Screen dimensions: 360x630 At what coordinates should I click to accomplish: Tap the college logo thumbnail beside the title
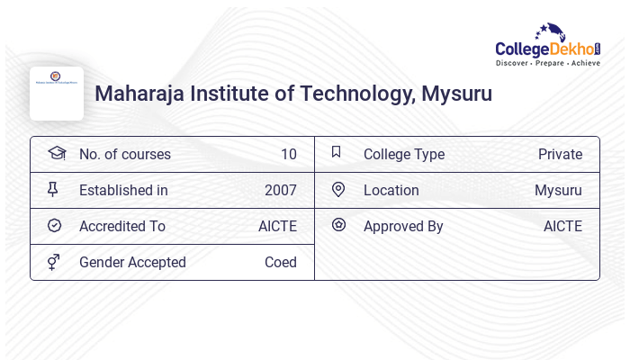coord(57,94)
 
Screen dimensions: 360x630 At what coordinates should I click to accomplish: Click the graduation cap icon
coord(57,153)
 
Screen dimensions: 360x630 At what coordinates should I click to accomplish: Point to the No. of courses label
coord(124,154)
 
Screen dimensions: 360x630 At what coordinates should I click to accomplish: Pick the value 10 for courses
coord(288,154)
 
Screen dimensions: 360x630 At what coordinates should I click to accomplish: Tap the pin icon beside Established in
coord(53,190)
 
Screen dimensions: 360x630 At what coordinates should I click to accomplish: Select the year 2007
coord(280,190)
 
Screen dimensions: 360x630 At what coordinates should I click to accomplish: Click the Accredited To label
coord(121,226)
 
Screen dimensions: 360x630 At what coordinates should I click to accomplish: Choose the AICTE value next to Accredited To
coord(277,226)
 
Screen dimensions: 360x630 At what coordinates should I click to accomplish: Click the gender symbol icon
coord(54,262)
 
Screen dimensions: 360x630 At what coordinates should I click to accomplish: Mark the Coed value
coord(280,262)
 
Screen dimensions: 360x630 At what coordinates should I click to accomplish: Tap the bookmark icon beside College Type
coord(337,152)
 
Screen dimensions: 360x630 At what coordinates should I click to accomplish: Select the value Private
coord(560,154)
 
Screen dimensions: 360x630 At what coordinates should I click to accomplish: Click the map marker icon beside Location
coord(338,189)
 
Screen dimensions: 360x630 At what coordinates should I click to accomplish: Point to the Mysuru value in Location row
coord(558,190)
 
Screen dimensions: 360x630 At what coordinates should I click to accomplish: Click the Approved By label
coord(403,226)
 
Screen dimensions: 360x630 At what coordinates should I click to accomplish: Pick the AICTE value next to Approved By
coord(562,226)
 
